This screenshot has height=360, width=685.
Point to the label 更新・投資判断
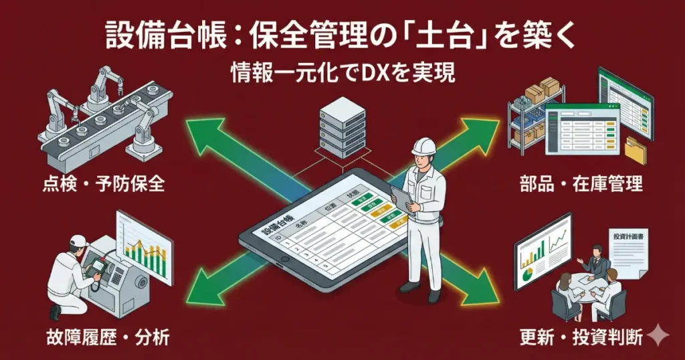pos(581,337)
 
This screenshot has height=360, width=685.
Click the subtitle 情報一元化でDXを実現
pos(342,72)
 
